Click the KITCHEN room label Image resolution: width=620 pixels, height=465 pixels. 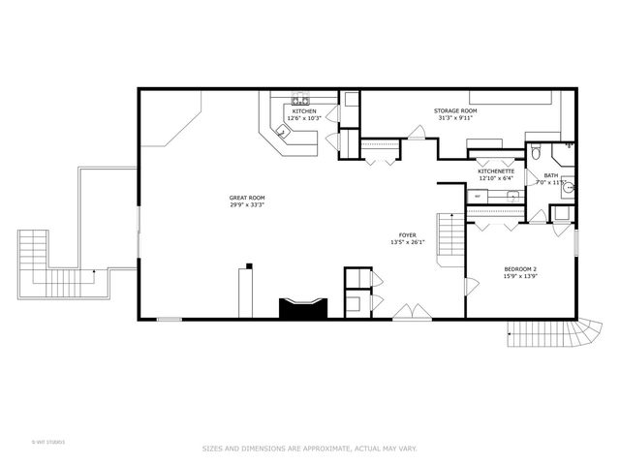click(305, 111)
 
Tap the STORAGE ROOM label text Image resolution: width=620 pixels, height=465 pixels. click(454, 111)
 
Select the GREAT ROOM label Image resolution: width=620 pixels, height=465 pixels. click(247, 198)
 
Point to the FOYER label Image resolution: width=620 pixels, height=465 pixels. click(408, 235)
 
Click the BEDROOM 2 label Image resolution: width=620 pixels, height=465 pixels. click(520, 268)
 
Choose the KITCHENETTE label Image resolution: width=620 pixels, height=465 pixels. click(496, 171)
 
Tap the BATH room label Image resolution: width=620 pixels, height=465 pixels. click(550, 175)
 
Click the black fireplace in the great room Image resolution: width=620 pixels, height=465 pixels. click(304, 309)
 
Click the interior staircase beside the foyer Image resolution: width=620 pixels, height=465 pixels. click(449, 237)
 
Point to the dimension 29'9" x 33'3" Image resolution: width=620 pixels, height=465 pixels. click(247, 205)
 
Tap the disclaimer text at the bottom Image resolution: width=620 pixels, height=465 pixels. click(309, 449)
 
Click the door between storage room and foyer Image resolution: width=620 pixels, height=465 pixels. click(415, 137)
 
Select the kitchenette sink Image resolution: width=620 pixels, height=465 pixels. click(512, 196)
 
